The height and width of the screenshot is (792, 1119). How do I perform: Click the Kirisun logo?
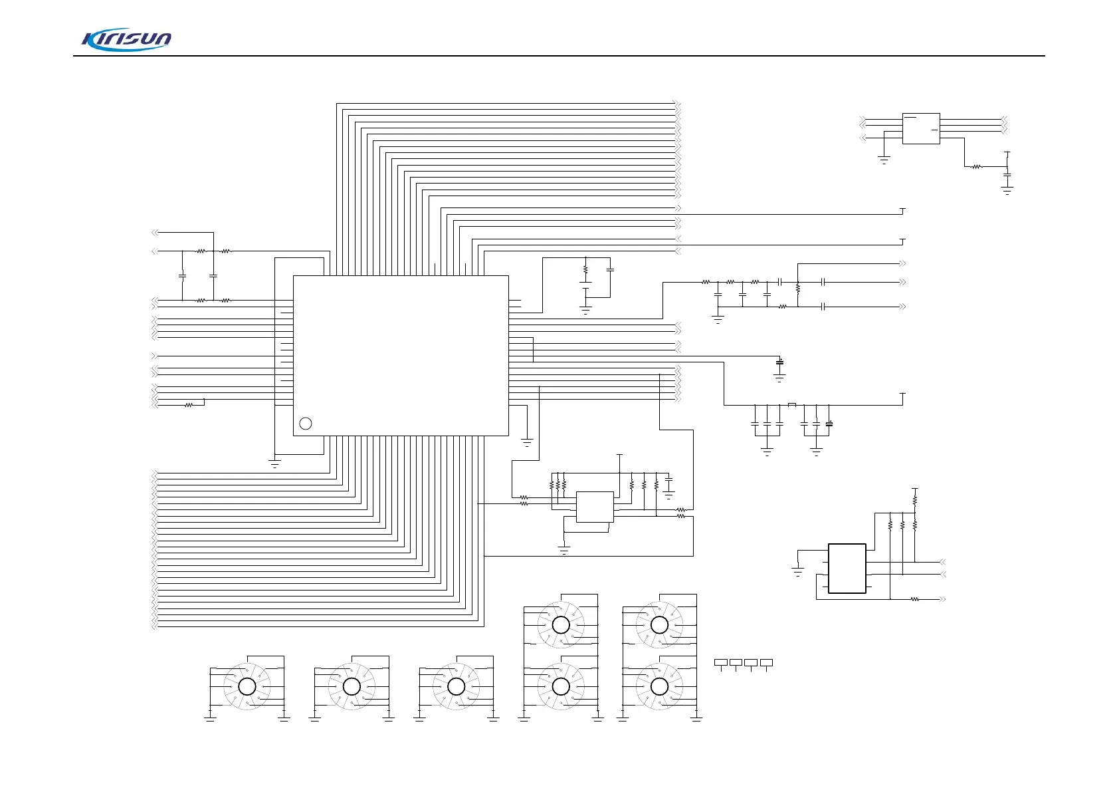click(126, 40)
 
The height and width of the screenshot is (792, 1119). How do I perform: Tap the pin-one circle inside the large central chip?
click(305, 424)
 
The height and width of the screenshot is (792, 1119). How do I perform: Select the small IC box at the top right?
click(921, 128)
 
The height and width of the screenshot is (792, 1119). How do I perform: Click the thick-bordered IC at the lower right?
click(847, 569)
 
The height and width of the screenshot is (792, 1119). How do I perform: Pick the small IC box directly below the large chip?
click(594, 507)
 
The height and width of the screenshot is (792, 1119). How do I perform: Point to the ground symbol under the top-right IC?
click(884, 160)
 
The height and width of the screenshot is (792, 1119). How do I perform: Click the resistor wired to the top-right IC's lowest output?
click(977, 167)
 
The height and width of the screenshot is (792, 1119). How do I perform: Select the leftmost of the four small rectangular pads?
click(721, 662)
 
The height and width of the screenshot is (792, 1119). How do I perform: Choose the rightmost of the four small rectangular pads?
click(766, 662)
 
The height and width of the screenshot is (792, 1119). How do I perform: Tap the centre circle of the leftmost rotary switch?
click(247, 687)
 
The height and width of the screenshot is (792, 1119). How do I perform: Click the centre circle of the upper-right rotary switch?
click(659, 625)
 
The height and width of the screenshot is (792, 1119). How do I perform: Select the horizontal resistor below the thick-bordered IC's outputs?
click(914, 599)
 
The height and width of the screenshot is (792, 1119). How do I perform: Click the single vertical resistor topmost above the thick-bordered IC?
click(914, 497)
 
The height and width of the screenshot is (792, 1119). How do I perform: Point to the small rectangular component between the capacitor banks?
click(791, 405)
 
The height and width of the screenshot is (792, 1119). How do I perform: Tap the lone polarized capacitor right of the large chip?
click(780, 362)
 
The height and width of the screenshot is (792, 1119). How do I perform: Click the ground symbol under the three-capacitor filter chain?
click(718, 319)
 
